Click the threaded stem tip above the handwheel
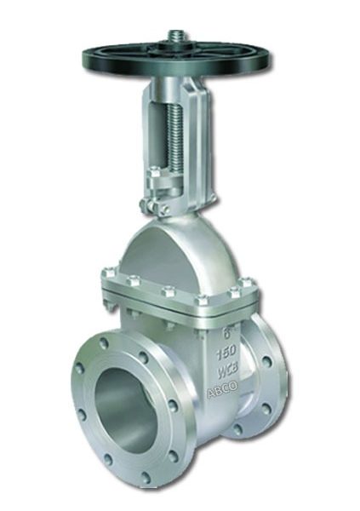tap(179, 36)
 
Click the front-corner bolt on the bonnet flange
tap(203, 300)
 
